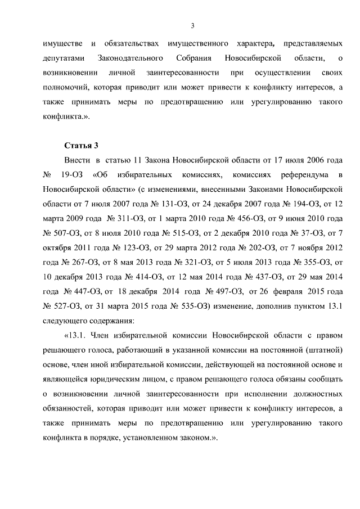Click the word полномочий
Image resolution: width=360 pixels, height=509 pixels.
click(65, 88)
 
